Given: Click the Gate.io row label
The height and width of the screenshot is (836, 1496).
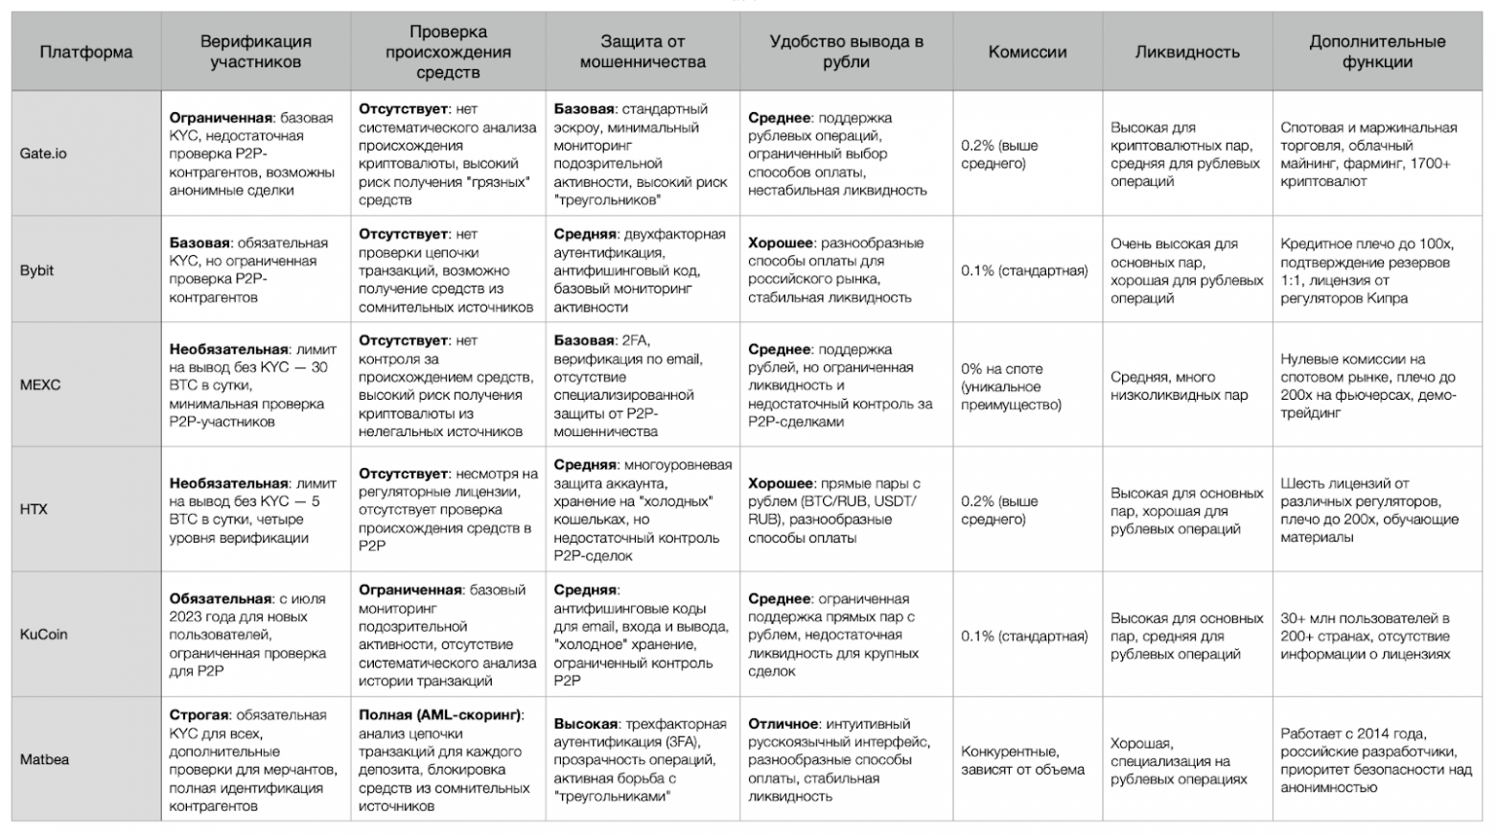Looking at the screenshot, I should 43,153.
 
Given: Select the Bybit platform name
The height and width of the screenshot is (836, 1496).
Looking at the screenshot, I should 36,270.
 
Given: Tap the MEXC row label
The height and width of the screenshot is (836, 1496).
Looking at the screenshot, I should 40,384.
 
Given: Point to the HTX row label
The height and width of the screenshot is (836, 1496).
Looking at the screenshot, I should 34,509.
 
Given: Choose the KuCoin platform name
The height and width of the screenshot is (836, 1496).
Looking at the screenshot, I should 44,634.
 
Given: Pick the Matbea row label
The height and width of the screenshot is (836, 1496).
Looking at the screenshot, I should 44,759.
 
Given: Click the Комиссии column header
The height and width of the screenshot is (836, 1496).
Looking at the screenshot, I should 1027,52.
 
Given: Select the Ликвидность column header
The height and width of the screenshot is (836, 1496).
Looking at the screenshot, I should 1187,52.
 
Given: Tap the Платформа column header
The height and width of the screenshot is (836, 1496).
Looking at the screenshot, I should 86,52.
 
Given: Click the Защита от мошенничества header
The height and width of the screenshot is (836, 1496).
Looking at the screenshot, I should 643,52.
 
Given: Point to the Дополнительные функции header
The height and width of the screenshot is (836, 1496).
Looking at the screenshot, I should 1377,52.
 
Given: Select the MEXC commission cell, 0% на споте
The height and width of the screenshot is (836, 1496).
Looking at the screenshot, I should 1011,386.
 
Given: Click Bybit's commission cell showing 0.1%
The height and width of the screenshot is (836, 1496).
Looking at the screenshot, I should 1024,270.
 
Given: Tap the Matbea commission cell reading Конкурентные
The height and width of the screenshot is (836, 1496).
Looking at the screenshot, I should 1022,760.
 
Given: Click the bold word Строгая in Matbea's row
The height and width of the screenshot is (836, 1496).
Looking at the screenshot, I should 199,715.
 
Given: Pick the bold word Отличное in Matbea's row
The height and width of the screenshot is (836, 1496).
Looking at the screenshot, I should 783,724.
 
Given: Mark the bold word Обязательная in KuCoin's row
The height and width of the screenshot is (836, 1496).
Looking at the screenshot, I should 221,598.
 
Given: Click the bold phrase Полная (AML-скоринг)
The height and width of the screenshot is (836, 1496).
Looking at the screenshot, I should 441,715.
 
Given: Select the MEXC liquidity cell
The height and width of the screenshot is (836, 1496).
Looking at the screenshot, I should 1180,385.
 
